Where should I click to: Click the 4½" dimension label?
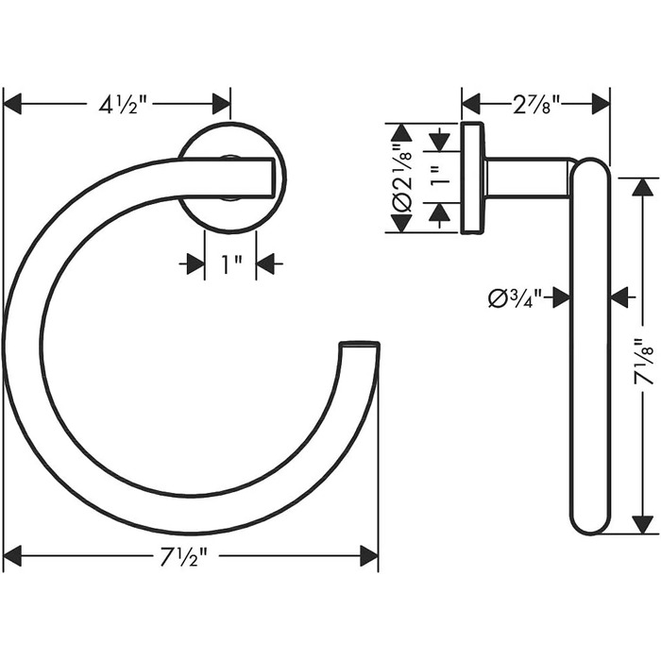tap(123, 105)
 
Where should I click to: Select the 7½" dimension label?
tap(184, 555)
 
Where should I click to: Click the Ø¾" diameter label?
tap(515, 297)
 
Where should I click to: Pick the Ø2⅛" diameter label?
tap(401, 178)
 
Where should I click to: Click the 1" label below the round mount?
tap(231, 264)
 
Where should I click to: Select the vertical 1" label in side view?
tap(439, 177)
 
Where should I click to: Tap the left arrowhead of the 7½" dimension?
tap(12, 555)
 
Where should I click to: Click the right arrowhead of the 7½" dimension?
tap(369, 555)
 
